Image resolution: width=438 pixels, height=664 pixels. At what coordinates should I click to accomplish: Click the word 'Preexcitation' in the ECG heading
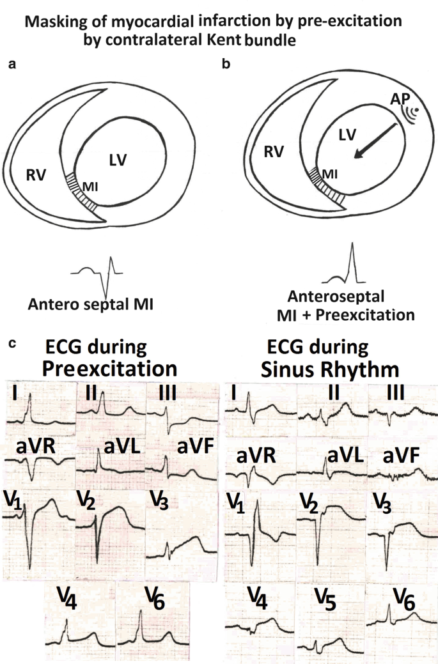pos(109,369)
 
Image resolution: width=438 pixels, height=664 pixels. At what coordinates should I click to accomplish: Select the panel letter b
pos(226,65)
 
